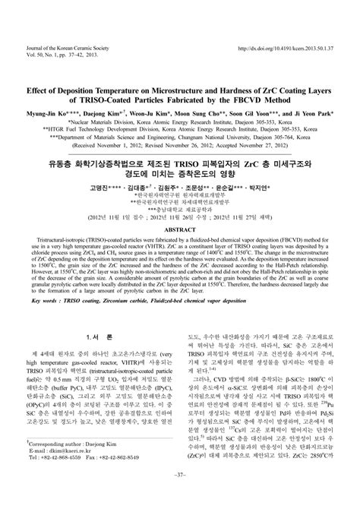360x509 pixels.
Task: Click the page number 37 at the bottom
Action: (180, 498)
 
